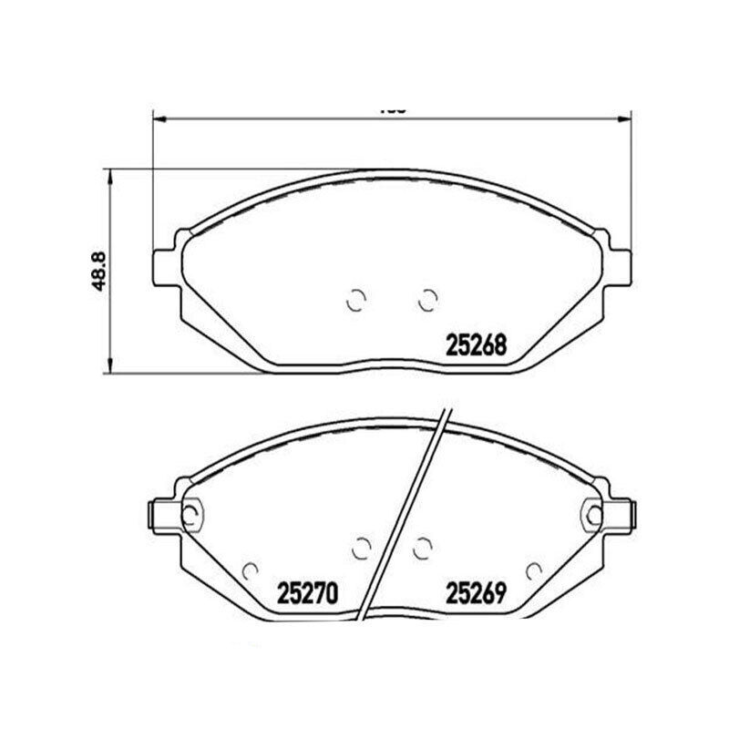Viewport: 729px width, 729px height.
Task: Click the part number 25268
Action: [475, 345]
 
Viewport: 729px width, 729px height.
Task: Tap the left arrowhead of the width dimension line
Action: [157, 118]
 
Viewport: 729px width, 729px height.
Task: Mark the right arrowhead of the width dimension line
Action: [626, 118]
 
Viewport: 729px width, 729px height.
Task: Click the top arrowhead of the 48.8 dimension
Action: [110, 174]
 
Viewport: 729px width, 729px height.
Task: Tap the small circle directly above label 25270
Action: [249, 570]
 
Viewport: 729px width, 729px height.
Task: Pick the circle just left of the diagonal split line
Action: [361, 547]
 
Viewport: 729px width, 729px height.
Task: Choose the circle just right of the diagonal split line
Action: [421, 547]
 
